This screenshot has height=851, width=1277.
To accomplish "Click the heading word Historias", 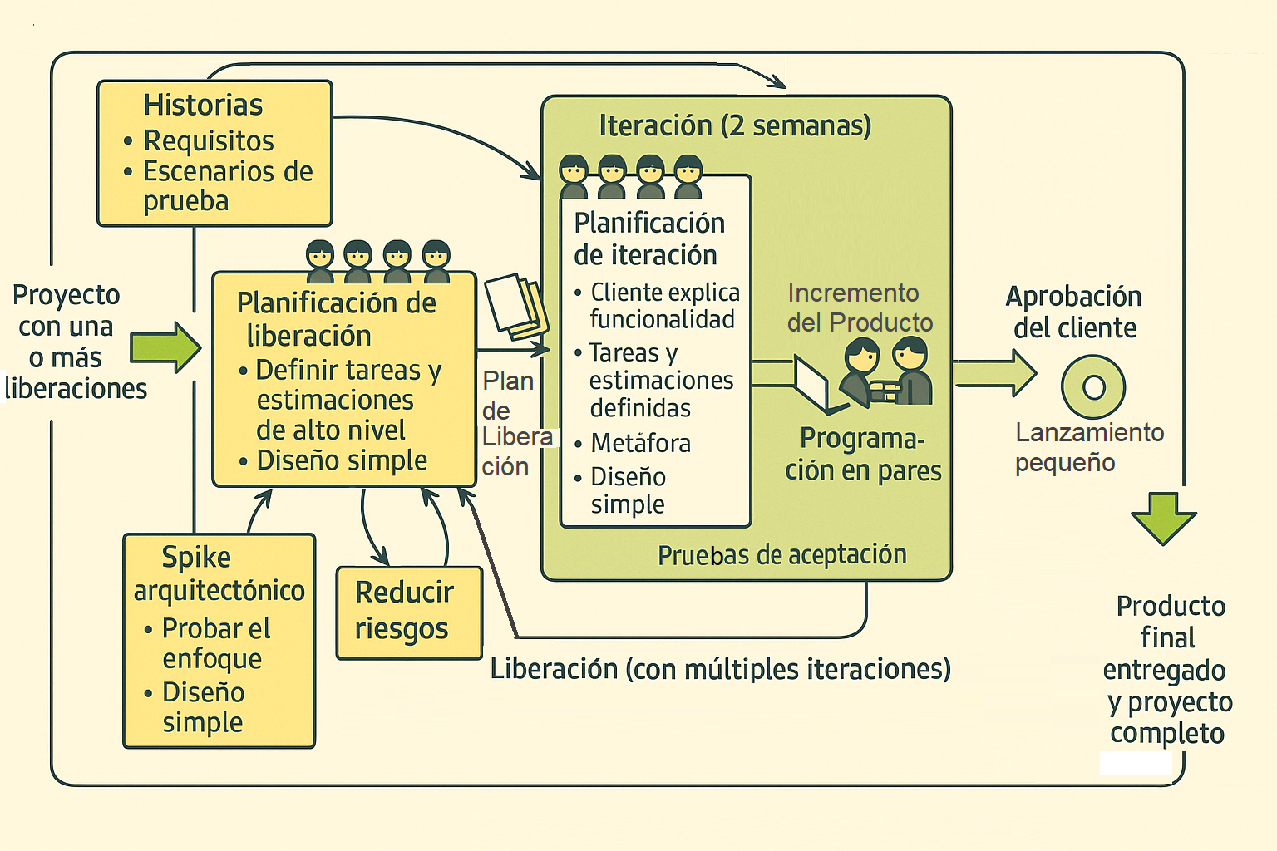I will pos(203,106).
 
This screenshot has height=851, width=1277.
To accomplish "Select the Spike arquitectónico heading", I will pos(219,573).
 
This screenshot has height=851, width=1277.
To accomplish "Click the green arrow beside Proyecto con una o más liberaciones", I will pos(166,347).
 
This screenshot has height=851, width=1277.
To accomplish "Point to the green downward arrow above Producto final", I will pos(1163,518).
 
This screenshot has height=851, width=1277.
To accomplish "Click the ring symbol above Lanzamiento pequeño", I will pos(1093,386).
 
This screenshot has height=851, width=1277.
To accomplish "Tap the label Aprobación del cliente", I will pos(1073,312).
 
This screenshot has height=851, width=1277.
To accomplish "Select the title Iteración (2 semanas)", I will pos(735,125).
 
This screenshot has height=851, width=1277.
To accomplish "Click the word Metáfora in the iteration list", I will pos(640,443).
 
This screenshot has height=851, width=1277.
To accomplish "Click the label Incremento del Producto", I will pos(859,307).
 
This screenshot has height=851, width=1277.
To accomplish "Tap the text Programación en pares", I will pos(863,454).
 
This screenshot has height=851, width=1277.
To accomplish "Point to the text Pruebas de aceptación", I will pos(781,554).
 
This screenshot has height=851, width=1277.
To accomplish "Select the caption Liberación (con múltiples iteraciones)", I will pos(720,669).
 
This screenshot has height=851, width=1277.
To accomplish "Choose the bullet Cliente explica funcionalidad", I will pos(663,306).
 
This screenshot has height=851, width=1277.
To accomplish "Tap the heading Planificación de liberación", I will pos(335,319).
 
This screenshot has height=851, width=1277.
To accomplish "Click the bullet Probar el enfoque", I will pos(215,642).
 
